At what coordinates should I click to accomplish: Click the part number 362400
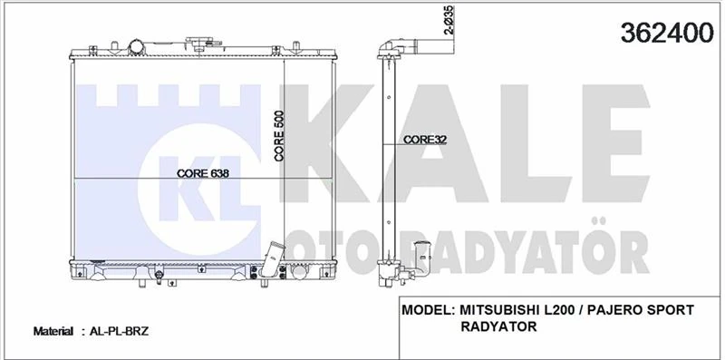click(x=667, y=33)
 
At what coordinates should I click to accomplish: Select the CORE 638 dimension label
click(x=203, y=173)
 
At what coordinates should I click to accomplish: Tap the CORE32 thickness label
click(x=425, y=140)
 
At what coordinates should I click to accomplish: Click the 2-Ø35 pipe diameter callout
click(x=449, y=20)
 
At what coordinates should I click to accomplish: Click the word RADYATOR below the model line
click(x=498, y=326)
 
